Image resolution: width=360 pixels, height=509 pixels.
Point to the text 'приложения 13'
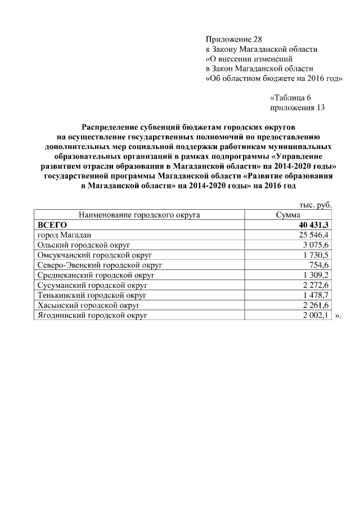click(298, 107)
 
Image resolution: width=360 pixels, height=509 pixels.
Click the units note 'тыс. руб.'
click(315, 205)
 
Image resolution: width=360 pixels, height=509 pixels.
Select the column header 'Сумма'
click(287, 215)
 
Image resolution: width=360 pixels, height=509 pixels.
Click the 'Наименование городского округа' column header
click(139, 215)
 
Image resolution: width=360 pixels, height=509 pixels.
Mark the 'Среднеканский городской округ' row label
click(96, 275)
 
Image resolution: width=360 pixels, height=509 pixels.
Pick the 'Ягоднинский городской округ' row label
click(92, 316)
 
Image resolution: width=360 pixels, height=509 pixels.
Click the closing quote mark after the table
click(337, 316)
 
